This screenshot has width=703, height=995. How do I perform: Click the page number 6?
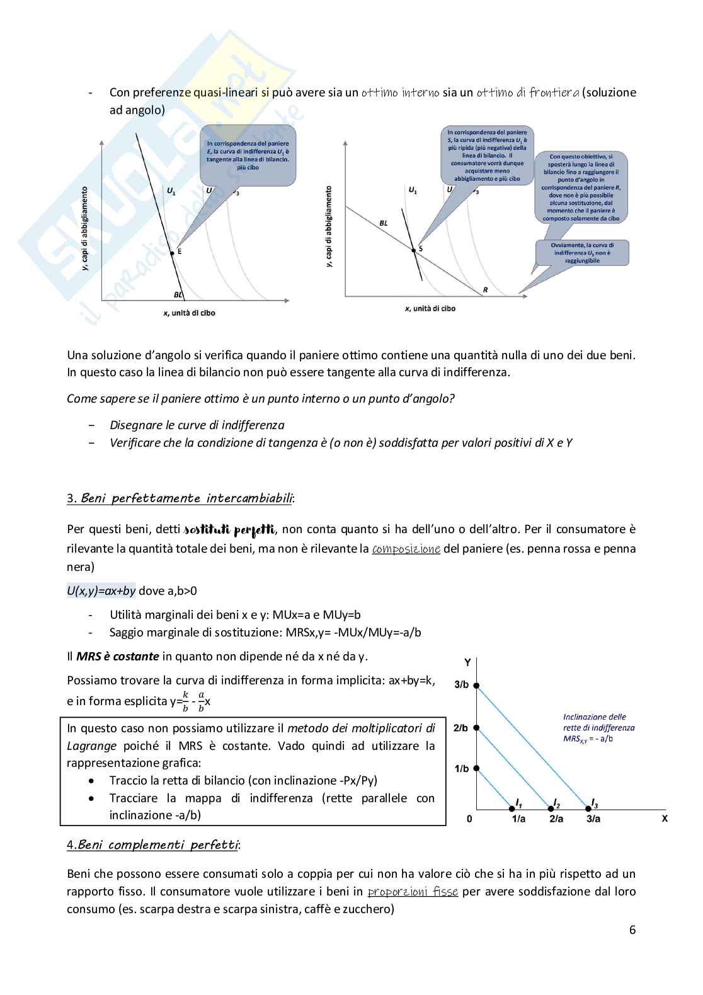(x=632, y=929)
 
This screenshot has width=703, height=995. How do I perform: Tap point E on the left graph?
(x=172, y=253)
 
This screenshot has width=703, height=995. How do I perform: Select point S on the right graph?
(x=414, y=250)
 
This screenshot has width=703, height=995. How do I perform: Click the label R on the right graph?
(x=485, y=290)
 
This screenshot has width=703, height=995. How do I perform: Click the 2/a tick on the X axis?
(x=556, y=819)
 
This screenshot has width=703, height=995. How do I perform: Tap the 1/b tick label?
(x=462, y=769)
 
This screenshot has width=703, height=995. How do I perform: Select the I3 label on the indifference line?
(x=594, y=803)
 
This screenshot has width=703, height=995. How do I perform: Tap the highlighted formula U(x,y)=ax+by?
(x=101, y=591)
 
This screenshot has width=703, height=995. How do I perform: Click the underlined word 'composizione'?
(x=406, y=549)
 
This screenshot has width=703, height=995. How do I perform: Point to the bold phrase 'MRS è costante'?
(x=117, y=657)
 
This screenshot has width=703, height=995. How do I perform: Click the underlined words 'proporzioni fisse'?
(x=413, y=892)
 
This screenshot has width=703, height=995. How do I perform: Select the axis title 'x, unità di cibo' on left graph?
(x=189, y=313)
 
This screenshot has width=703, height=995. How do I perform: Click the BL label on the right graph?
(x=384, y=223)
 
